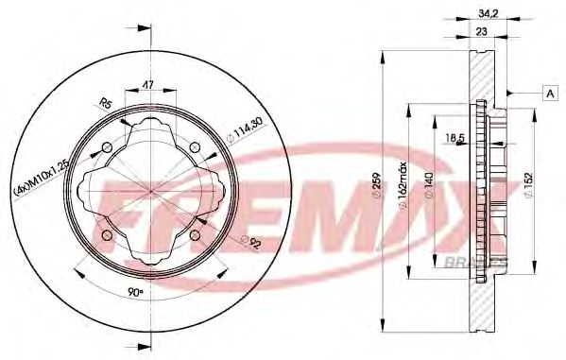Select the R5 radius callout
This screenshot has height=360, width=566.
coord(106,105)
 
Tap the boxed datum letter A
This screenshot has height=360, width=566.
coord(548,92)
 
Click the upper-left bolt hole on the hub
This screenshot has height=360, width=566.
coord(107,146)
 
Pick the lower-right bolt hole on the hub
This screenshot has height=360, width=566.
coord(196,235)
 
